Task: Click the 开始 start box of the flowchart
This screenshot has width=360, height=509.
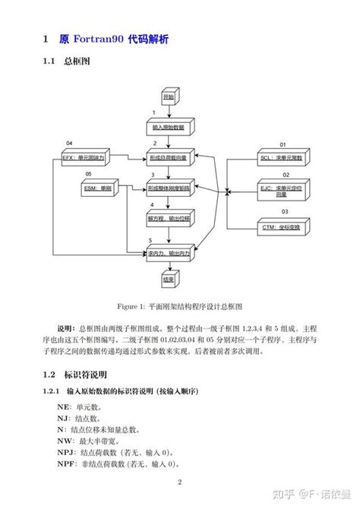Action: click(x=168, y=98)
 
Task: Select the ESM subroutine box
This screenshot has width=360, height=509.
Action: click(x=96, y=188)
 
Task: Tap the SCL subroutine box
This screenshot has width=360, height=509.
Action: click(x=282, y=159)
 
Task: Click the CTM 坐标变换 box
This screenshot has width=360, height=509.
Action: click(x=282, y=227)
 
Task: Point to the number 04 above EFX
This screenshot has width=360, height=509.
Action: click(x=69, y=144)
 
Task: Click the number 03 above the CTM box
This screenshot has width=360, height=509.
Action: click(x=285, y=211)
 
